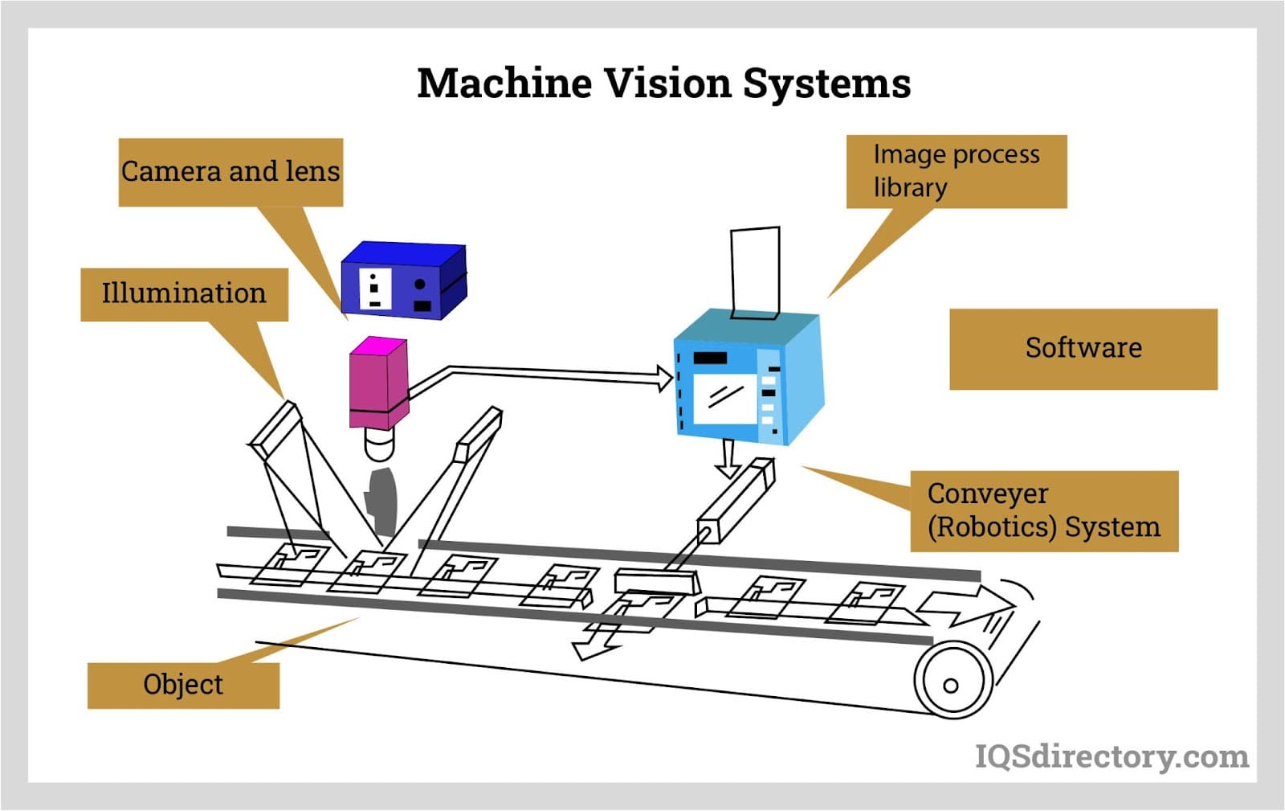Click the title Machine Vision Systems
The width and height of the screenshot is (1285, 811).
[x=663, y=83]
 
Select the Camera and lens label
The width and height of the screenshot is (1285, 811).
[x=230, y=172]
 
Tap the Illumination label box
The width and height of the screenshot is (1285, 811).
[x=184, y=294]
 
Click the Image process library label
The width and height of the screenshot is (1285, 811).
[x=956, y=171]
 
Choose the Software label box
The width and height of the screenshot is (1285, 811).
[x=1083, y=349]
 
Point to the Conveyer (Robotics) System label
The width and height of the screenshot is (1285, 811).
[x=1043, y=511]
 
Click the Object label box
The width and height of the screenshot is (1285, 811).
[x=183, y=685]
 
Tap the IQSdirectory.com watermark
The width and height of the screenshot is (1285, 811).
[x=1112, y=756]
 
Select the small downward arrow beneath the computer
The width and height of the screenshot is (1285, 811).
[x=728, y=459]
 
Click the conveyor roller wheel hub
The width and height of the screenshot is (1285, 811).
[x=951, y=686]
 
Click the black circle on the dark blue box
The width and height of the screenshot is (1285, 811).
[x=419, y=285]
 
